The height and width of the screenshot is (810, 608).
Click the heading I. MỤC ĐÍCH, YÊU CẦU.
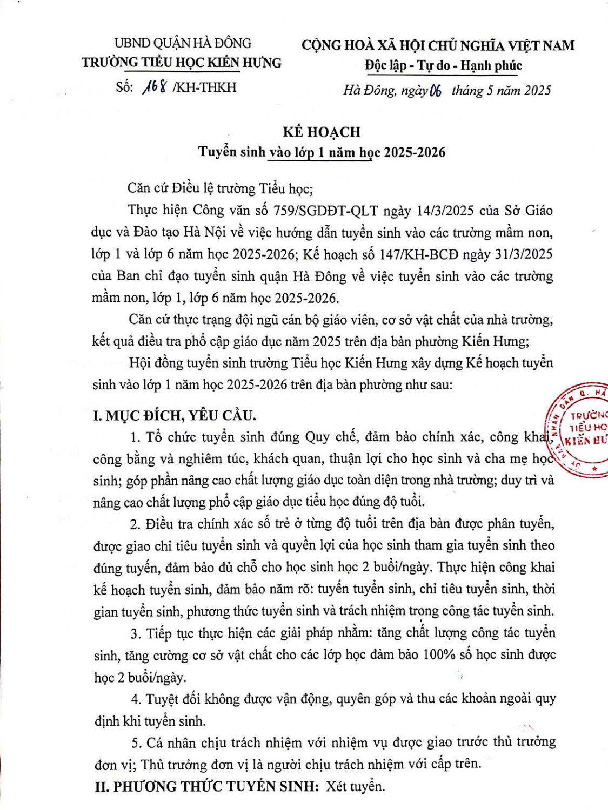click(175, 415)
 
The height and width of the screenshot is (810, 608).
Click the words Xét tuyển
click(356, 786)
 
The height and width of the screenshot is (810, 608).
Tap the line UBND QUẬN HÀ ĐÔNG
click(183, 43)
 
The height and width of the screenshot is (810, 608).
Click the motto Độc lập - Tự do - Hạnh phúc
click(443, 66)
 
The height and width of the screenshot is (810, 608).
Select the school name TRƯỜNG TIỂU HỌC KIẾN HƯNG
click(182, 63)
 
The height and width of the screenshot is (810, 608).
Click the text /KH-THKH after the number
click(204, 87)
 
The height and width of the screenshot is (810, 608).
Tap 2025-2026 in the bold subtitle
click(415, 152)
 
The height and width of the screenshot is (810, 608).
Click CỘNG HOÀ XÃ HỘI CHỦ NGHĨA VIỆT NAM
click(438, 45)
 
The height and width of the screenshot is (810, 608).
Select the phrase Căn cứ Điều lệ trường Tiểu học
click(220, 188)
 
